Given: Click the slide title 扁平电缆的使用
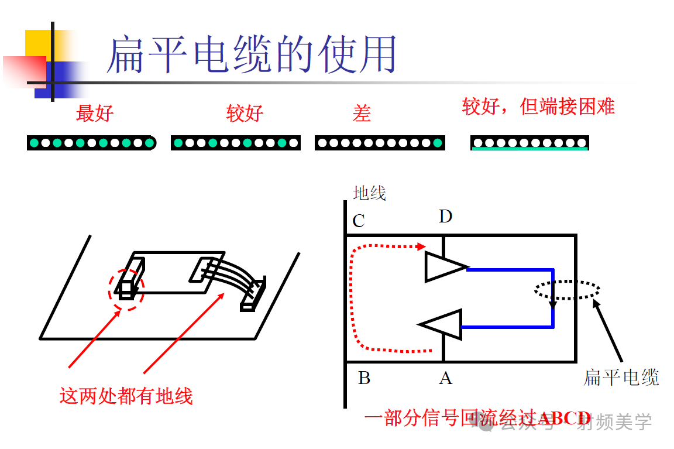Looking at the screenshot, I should pyautogui.click(x=252, y=54).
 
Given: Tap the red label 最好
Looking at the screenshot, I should pyautogui.click(x=94, y=113).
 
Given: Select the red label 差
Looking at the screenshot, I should pyautogui.click(x=362, y=113).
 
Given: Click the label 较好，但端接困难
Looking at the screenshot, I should pyautogui.click(x=538, y=107).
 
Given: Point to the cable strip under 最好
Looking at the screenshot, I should pyautogui.click(x=91, y=143).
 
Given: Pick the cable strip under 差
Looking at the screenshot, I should pyautogui.click(x=380, y=143).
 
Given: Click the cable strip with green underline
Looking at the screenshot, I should pyautogui.click(x=529, y=143).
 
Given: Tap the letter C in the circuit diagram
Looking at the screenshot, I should pyautogui.click(x=359, y=221).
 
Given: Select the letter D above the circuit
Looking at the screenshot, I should pyautogui.click(x=445, y=217).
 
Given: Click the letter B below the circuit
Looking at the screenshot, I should pyautogui.click(x=364, y=378).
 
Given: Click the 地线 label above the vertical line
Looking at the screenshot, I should pyautogui.click(x=369, y=193).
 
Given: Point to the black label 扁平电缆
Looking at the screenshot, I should pyautogui.click(x=621, y=378).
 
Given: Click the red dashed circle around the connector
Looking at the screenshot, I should pyautogui.click(x=126, y=289).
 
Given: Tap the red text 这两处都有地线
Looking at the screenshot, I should pyautogui.click(x=126, y=396).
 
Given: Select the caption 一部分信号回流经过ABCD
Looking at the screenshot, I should pyautogui.click(x=477, y=418).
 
